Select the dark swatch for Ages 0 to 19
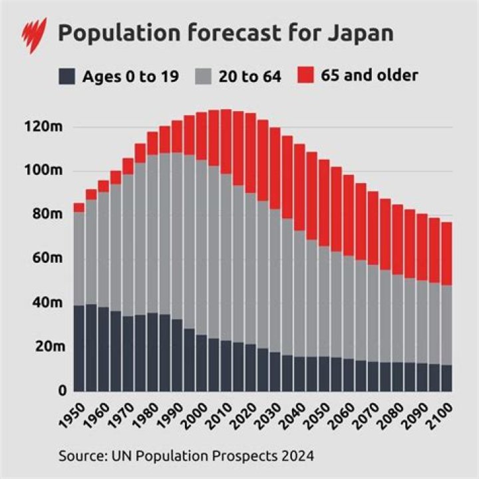(x=67, y=76)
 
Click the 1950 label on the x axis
(x=75, y=413)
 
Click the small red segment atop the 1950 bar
(x=79, y=208)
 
